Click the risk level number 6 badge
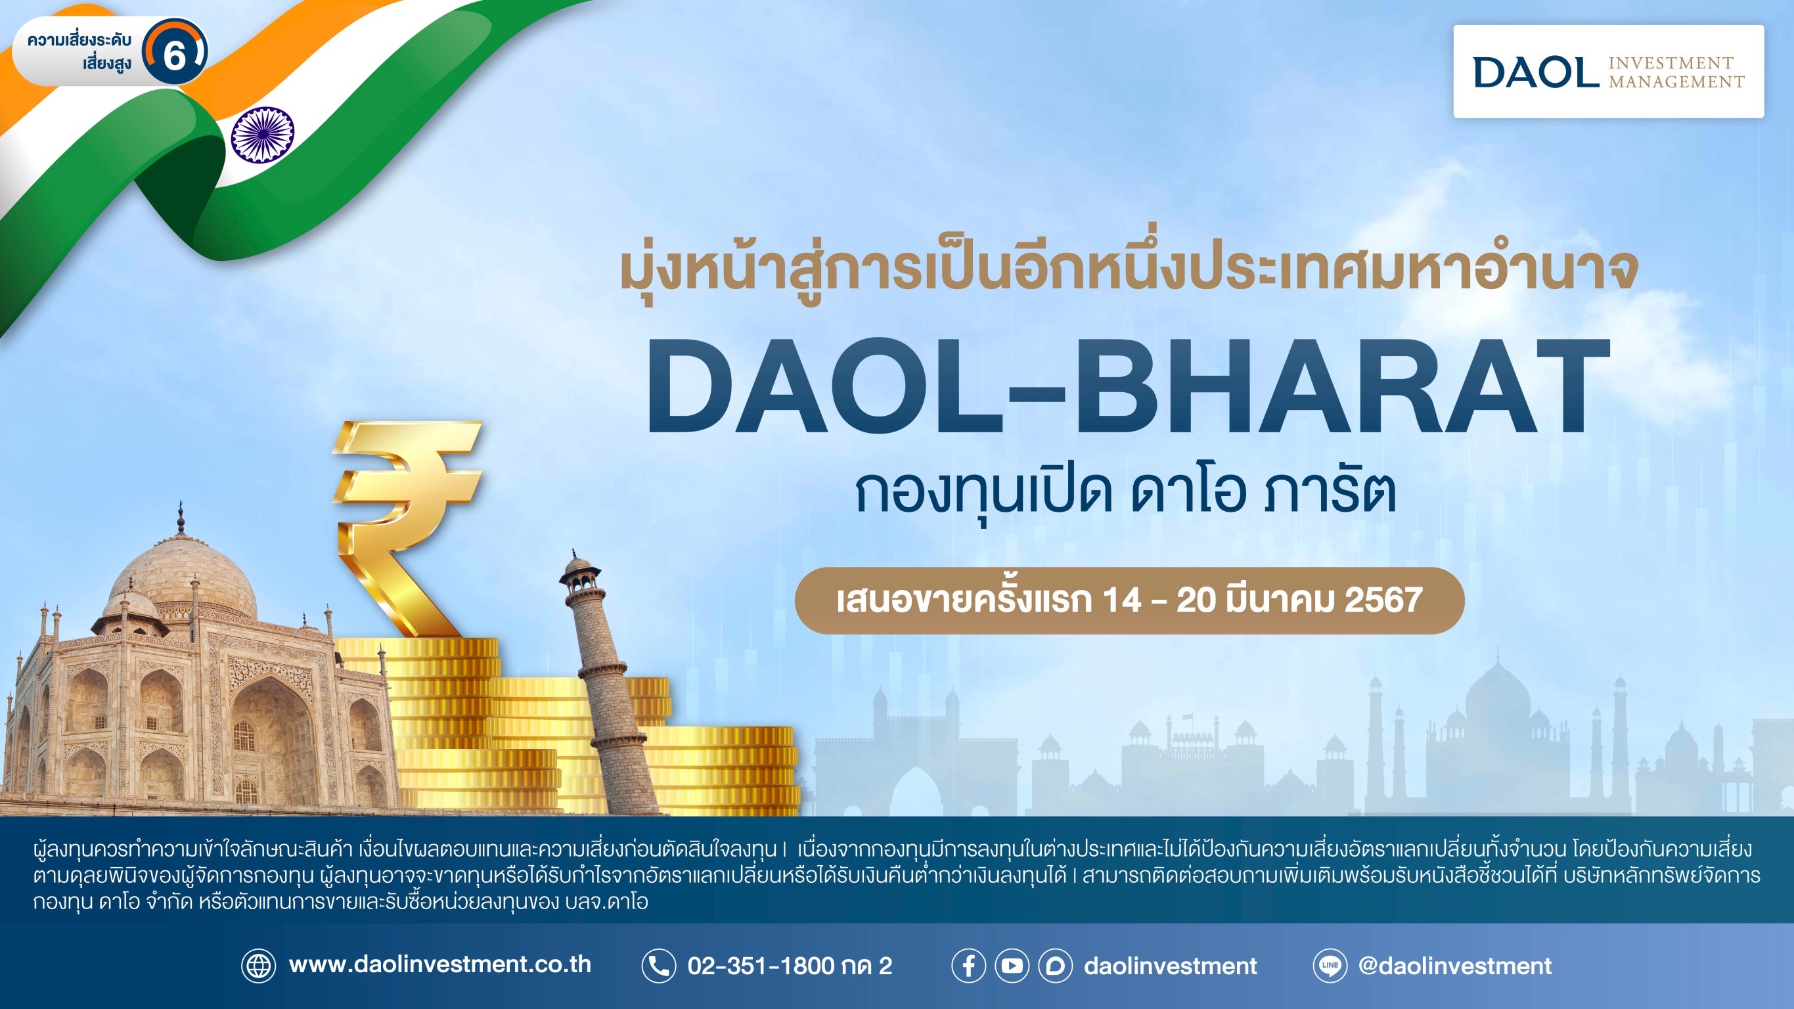(174, 53)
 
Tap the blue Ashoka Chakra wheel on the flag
(263, 135)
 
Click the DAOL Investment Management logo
(1609, 72)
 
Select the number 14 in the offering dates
(1121, 600)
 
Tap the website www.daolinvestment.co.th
(439, 965)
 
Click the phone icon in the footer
(658, 966)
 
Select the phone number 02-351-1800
(761, 966)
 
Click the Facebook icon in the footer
(969, 966)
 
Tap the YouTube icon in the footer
(1012, 966)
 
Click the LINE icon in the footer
(1330, 966)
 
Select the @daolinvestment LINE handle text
(1455, 966)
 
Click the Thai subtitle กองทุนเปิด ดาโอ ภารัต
(1125, 493)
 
